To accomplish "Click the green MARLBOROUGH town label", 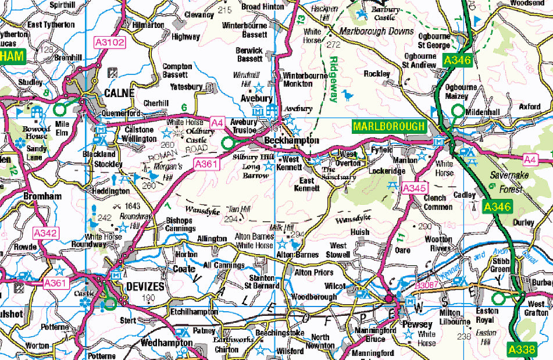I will [389, 126].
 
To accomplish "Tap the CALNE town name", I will [119, 93].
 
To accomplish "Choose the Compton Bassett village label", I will [177, 71].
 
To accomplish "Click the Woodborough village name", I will [313, 297].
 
